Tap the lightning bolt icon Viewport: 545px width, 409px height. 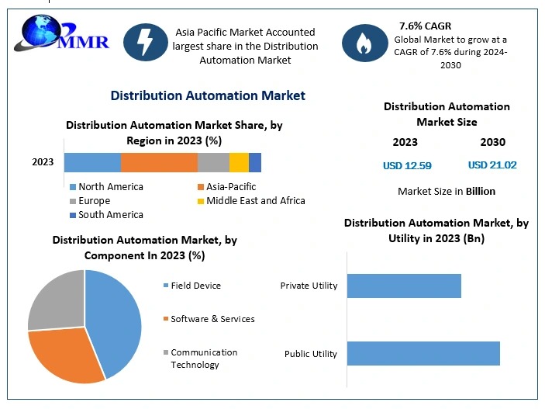147,40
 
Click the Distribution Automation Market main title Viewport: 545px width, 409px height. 208,95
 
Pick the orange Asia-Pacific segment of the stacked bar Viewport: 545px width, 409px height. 159,162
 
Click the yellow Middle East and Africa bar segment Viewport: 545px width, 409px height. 239,162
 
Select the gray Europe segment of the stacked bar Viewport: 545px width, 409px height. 213,162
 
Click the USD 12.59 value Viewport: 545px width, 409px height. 407,165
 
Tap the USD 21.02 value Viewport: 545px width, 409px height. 492,165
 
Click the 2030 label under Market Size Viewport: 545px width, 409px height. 492,142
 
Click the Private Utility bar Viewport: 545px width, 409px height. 404,286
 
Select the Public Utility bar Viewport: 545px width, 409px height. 423,353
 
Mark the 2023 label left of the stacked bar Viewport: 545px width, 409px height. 43,162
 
